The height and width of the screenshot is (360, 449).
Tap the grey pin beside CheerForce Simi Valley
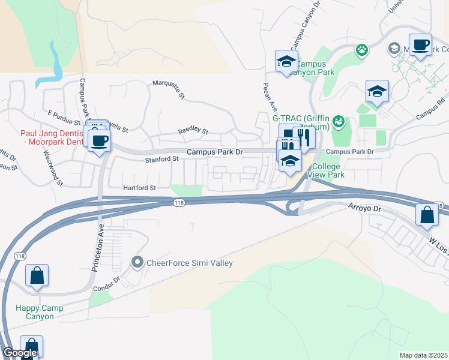(x=137, y=262)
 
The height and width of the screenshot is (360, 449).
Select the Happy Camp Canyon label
(x=39, y=312)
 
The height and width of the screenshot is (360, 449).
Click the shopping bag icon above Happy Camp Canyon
(x=37, y=276)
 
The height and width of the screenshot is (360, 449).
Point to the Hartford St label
(x=139, y=188)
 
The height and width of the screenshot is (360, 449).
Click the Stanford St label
(x=162, y=159)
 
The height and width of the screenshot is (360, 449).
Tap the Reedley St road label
(x=193, y=131)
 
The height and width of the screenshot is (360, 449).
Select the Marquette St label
(x=169, y=90)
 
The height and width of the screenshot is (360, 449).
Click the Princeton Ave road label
(x=98, y=248)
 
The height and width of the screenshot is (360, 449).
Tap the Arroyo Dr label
(x=364, y=208)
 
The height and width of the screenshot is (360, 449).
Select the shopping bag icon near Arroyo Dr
(x=426, y=215)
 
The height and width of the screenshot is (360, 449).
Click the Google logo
(x=20, y=353)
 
